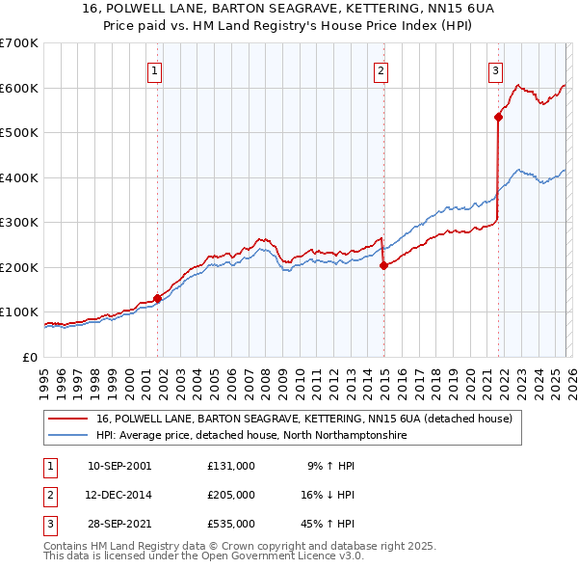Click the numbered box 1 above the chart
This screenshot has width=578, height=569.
point(155,69)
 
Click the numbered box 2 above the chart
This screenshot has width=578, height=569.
point(381,69)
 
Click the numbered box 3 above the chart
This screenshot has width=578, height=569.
point(495,69)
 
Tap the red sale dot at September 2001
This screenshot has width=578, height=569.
point(157,298)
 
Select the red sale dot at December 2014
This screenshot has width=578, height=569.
point(383,265)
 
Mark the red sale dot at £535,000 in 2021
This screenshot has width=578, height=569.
point(498,118)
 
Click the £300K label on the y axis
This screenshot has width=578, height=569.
point(19,222)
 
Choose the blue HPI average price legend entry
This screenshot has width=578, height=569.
point(250,436)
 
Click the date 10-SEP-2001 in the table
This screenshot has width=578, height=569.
point(119,465)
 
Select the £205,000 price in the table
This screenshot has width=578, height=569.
point(231,494)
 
